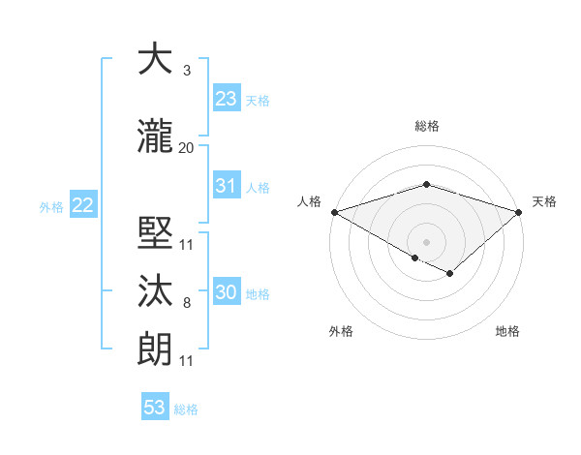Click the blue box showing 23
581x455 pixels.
pos(227,99)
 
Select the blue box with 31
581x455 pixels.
pos(227,186)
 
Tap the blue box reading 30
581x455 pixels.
pos(227,292)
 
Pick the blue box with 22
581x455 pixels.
pos(82,205)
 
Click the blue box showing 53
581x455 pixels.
pos(155,408)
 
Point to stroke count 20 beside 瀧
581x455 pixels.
pos(186,148)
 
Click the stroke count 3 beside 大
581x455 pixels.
pos(186,71)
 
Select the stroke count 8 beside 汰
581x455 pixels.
pos(186,303)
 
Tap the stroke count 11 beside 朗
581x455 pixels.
pos(186,361)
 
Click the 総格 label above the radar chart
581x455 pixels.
pos(426,126)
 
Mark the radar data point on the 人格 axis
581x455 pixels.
pos(334,212)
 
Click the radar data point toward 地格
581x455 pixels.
pos(450,274)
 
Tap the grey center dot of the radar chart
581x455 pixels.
pos(426,240)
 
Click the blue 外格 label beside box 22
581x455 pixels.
pos(50,206)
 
